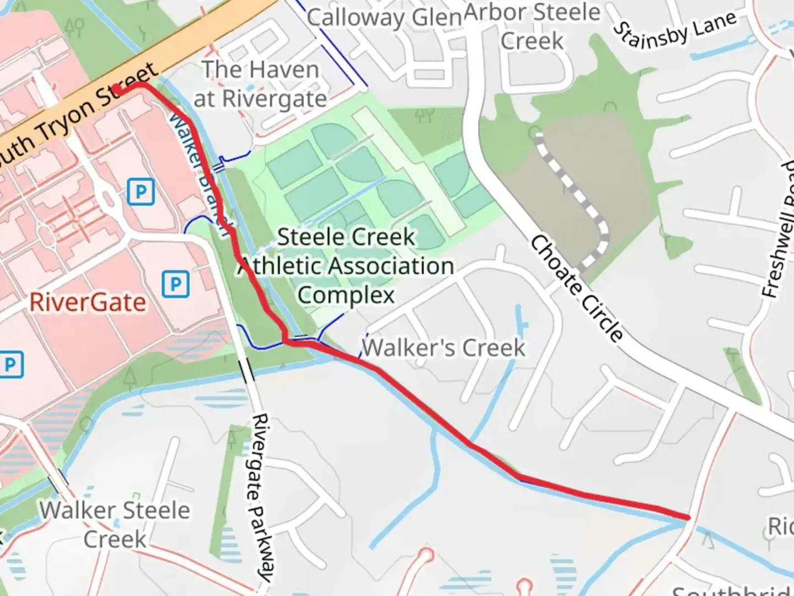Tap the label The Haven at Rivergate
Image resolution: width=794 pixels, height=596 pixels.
(260, 84)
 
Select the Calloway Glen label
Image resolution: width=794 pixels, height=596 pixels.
(384, 17)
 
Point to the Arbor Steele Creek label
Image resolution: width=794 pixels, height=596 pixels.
(532, 26)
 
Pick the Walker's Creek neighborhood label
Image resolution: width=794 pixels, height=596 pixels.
(443, 348)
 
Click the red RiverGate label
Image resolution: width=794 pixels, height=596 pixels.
(88, 302)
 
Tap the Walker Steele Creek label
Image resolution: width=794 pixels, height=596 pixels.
(115, 524)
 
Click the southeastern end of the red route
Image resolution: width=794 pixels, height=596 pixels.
(688, 517)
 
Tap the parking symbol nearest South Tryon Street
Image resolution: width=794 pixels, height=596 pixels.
(141, 192)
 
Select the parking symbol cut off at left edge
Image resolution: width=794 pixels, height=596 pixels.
(10, 365)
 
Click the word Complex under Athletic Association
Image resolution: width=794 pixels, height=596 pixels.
(346, 295)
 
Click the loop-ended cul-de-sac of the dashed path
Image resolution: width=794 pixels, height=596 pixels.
(536, 134)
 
